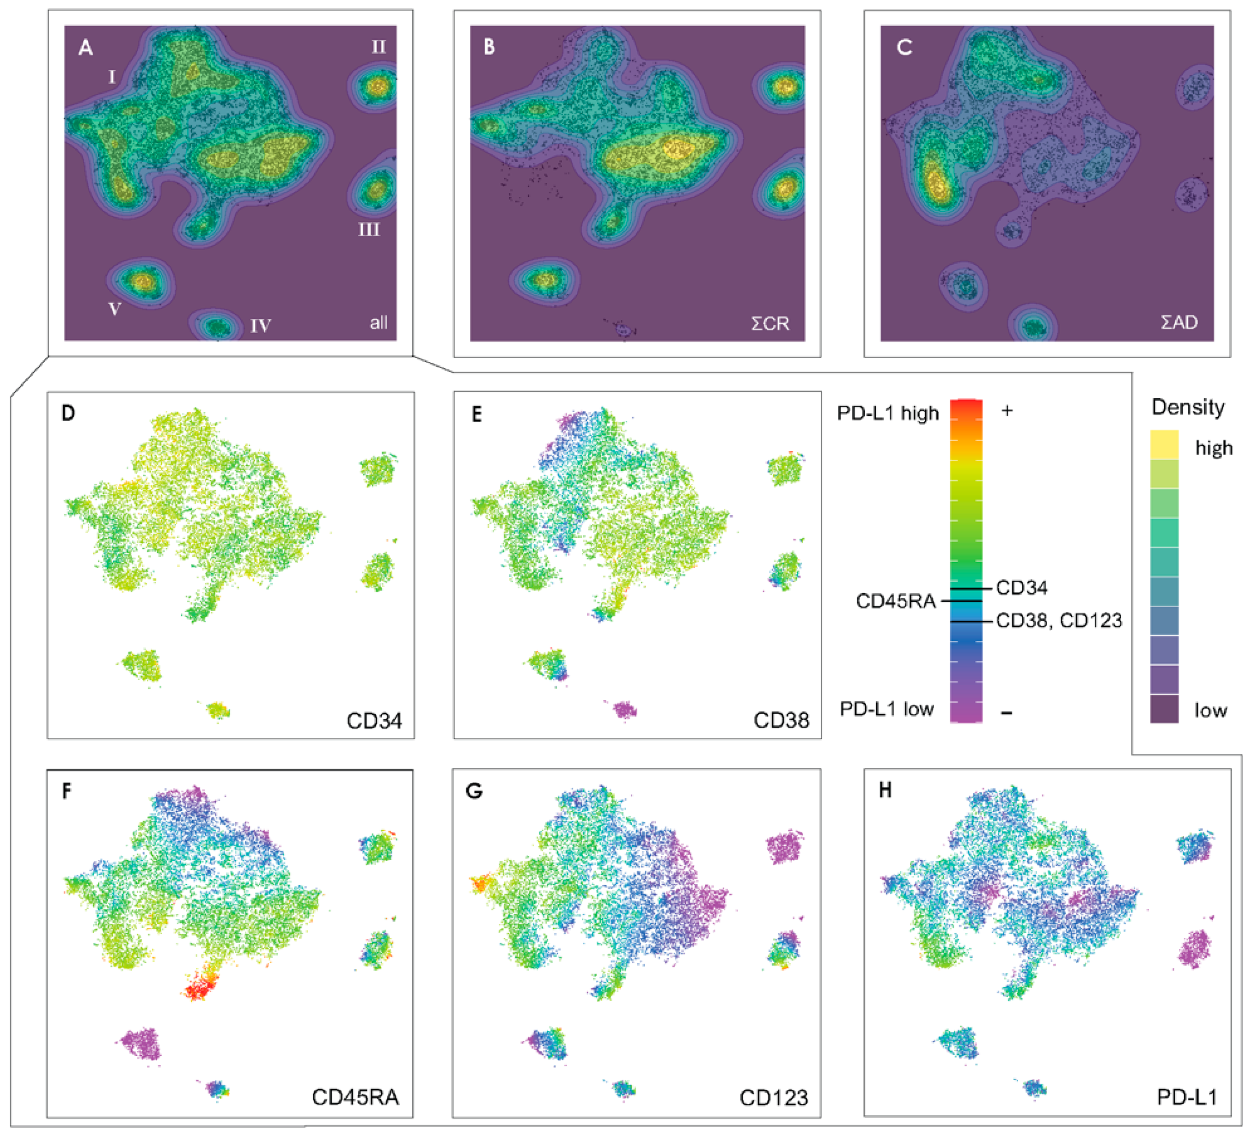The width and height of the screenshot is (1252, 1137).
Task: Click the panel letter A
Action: (x=86, y=47)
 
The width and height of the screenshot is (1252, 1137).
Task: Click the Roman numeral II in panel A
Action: (x=378, y=47)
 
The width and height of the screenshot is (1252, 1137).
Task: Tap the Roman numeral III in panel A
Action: (x=369, y=230)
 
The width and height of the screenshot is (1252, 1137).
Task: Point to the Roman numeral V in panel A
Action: (x=115, y=309)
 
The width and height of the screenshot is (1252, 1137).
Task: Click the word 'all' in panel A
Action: (x=378, y=323)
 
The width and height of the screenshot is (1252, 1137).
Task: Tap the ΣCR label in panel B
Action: (x=770, y=323)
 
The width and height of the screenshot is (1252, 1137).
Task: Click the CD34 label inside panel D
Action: (x=374, y=720)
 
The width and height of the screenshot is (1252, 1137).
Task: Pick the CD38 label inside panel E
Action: (x=781, y=720)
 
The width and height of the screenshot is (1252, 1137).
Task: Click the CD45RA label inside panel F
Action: (x=355, y=1097)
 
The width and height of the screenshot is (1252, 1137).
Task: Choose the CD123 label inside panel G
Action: (x=774, y=1098)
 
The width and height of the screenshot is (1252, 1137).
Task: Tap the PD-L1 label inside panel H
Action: (x=1187, y=1097)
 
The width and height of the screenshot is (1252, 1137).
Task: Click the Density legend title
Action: (x=1187, y=407)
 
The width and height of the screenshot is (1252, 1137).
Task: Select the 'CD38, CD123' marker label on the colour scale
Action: (x=1059, y=620)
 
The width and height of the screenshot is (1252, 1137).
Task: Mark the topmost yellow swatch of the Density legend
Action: (x=1165, y=444)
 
